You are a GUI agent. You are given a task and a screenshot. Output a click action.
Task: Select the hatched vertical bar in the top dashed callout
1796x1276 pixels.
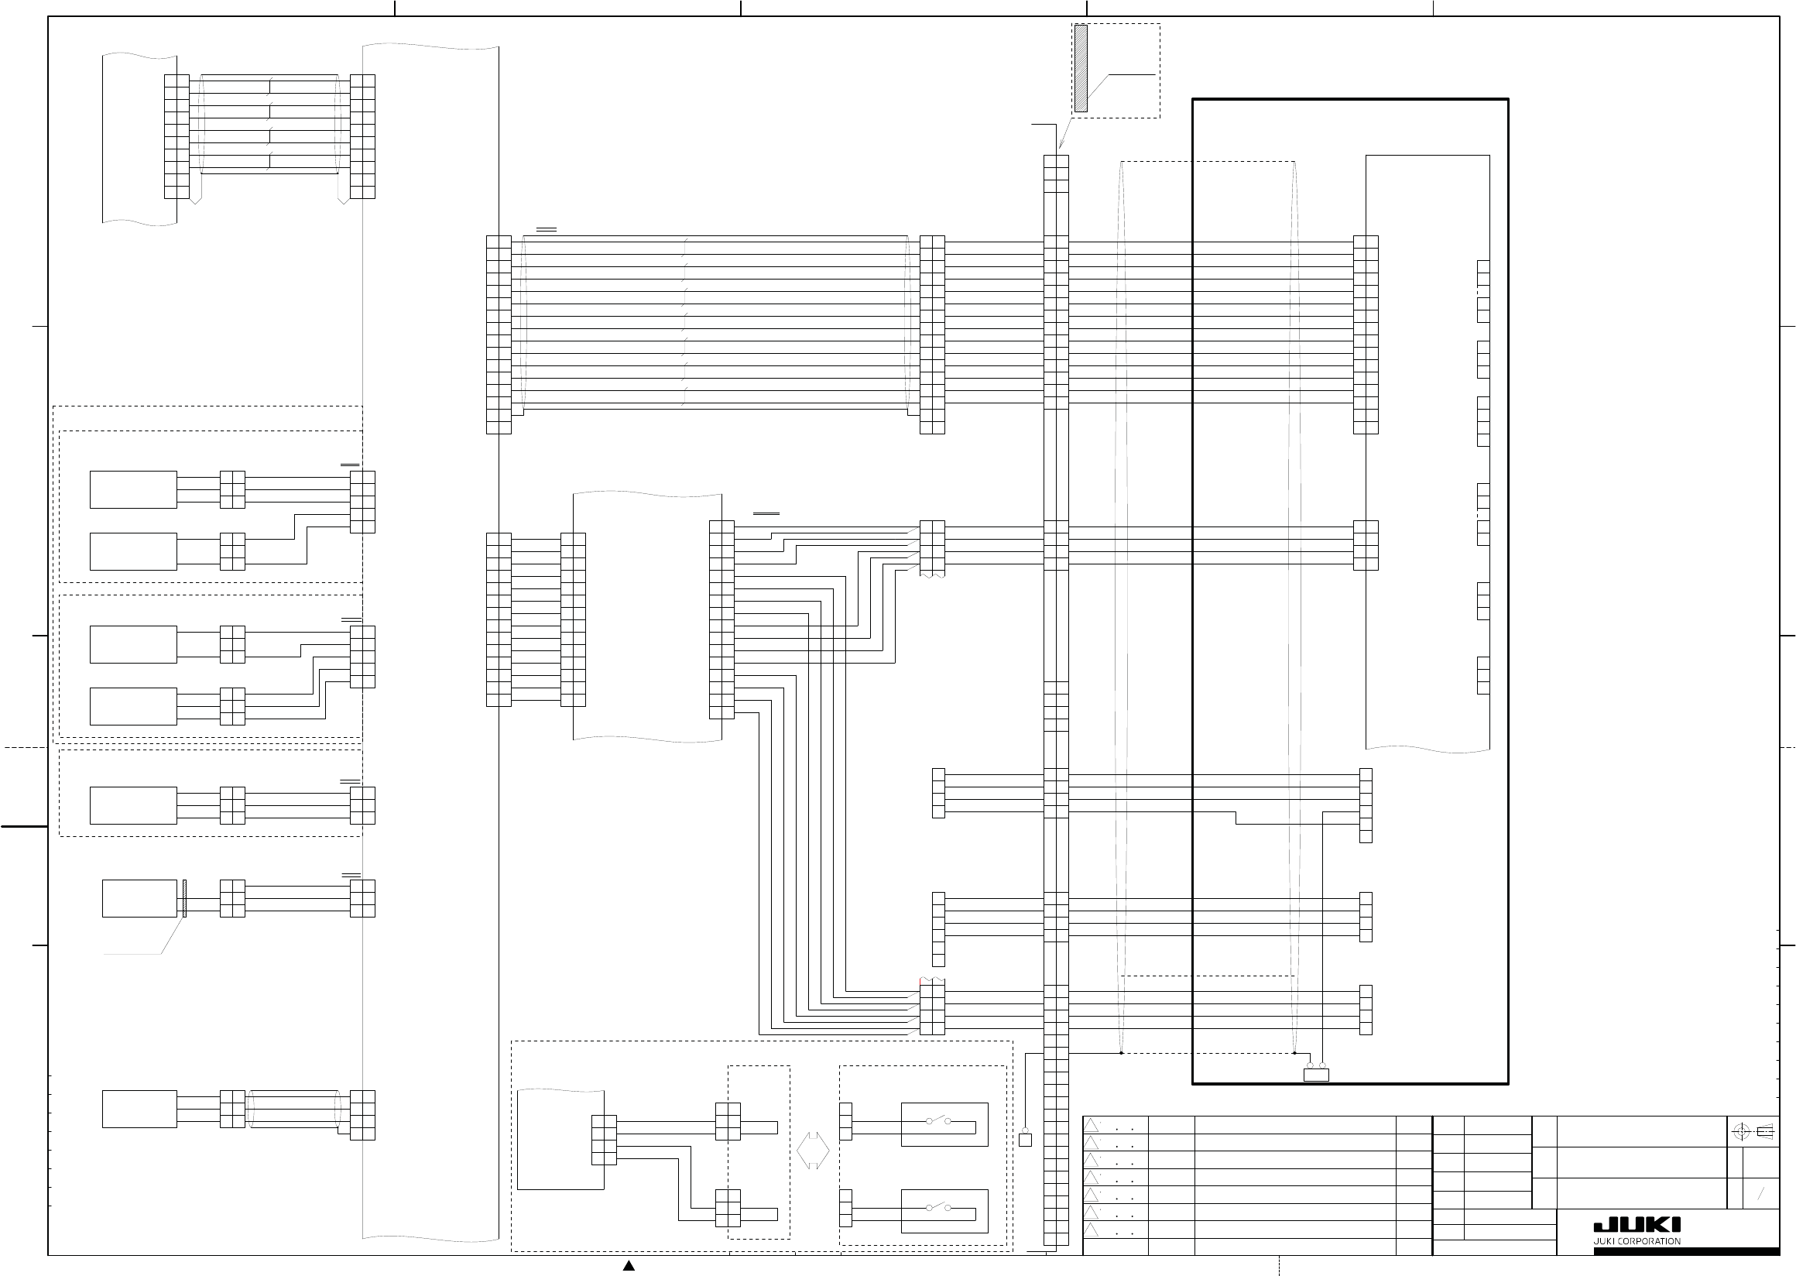click(1081, 68)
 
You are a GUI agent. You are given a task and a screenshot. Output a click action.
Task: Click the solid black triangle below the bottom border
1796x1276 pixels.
click(629, 1266)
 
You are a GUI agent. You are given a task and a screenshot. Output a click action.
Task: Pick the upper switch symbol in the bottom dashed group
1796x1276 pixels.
click(938, 1121)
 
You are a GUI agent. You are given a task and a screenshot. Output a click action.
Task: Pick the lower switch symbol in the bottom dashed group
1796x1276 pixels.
click(938, 1208)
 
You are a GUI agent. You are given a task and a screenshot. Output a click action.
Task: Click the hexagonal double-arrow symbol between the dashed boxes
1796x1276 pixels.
click(813, 1151)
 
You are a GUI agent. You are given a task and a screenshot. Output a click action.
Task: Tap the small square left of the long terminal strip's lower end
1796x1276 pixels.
click(1025, 1139)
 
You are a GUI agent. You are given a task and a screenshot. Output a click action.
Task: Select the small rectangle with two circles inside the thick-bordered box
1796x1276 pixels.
click(1316, 1074)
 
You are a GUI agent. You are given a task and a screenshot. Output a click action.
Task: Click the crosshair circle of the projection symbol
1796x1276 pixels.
click(1740, 1132)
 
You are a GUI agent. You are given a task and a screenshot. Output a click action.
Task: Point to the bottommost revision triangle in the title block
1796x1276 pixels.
click(1092, 1230)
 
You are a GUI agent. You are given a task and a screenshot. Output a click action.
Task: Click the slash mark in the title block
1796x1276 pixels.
click(1761, 1193)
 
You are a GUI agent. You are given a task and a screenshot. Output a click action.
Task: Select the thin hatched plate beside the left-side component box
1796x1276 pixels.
click(183, 898)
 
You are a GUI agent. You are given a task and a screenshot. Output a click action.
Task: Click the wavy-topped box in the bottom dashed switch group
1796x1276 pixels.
click(560, 1139)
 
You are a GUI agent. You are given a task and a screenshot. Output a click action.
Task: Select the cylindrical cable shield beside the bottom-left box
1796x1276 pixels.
click(294, 1109)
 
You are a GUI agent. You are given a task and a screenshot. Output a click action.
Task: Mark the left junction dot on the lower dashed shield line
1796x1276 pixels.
click(1121, 1053)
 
